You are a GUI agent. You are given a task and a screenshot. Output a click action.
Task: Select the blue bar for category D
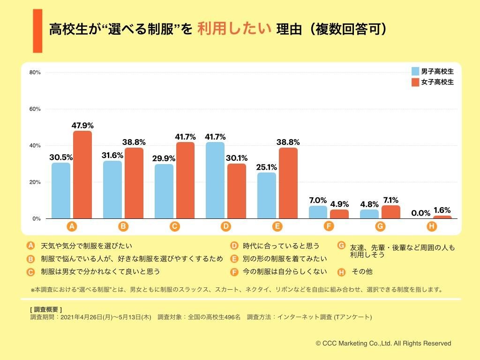(x=215, y=180)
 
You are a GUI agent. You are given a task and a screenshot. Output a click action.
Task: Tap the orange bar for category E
(x=288, y=183)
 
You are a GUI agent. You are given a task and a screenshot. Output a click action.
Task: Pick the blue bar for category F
(x=318, y=212)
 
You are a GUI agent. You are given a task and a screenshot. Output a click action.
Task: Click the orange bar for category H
(x=442, y=217)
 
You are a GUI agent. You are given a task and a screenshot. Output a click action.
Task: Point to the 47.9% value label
(x=82, y=125)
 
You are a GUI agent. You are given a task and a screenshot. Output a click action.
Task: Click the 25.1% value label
(x=267, y=167)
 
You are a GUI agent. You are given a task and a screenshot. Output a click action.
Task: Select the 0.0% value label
(x=420, y=213)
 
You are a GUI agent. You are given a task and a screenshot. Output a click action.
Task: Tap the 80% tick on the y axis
(x=35, y=72)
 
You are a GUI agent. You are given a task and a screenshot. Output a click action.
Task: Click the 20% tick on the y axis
(x=35, y=182)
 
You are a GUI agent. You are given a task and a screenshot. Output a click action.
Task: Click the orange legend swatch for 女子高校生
(x=415, y=82)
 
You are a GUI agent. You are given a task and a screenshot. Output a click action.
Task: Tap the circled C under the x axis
(x=174, y=226)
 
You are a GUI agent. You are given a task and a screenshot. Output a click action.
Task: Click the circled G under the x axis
(x=380, y=226)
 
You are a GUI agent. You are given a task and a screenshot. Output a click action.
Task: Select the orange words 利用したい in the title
(x=234, y=29)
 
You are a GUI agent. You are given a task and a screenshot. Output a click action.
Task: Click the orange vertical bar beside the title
(x=37, y=31)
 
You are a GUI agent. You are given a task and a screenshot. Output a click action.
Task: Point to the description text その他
(x=362, y=271)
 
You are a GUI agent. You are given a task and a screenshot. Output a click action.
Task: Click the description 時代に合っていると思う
(x=281, y=246)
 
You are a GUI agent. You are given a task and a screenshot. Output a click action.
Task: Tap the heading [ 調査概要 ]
(x=45, y=309)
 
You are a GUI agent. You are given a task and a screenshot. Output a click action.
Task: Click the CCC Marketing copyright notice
(x=383, y=343)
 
